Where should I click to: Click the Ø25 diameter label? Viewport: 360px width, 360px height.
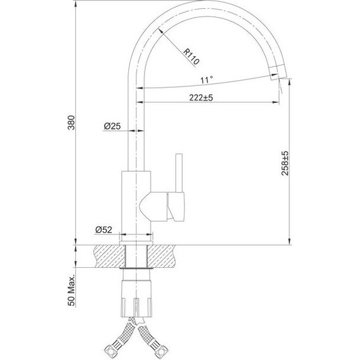click(112, 126)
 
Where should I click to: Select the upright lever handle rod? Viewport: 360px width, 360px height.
click(178, 173)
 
